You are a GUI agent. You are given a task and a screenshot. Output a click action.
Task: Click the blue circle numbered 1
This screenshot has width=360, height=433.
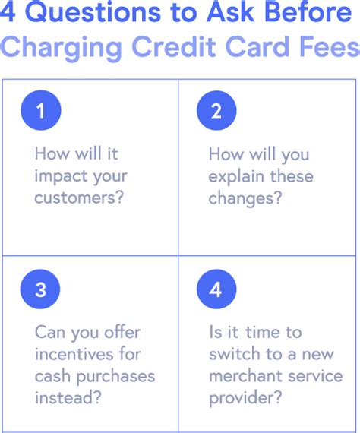point(41,110)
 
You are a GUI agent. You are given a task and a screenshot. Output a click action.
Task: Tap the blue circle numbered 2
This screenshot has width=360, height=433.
point(216,110)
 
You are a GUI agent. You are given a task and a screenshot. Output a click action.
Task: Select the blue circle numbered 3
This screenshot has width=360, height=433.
point(40,289)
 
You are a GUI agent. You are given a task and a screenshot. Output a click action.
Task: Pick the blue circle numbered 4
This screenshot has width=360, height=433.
point(216,289)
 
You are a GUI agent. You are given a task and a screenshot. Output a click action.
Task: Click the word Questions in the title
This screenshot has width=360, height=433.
point(93,12)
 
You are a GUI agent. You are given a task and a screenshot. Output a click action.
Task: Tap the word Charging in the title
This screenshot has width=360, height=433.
point(62,48)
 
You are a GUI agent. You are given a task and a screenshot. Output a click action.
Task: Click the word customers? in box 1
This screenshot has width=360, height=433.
point(79,198)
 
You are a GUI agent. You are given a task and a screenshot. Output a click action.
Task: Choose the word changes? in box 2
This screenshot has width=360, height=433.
point(245,199)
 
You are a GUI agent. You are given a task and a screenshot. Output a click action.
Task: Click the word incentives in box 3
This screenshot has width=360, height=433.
point(74,354)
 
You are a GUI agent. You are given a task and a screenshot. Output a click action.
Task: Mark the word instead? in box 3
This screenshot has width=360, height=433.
point(68,397)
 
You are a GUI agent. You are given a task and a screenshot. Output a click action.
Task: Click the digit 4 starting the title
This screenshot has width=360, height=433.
point(8,12)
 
